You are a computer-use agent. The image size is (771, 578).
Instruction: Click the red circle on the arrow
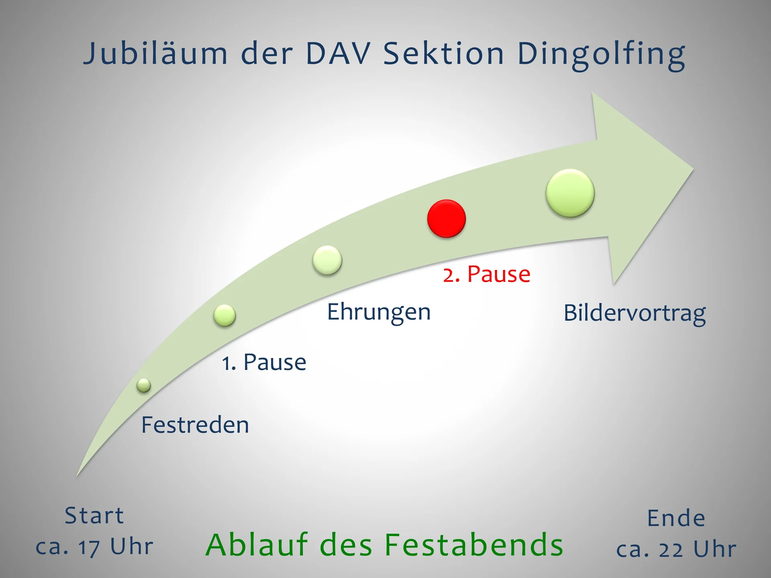446,219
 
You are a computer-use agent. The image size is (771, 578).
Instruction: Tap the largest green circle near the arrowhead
570,193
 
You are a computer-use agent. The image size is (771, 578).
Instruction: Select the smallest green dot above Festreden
143,385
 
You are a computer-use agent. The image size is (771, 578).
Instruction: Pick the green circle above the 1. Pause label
224,315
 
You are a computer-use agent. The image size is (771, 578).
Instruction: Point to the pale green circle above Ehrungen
327,260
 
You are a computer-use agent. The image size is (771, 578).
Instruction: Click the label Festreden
195,425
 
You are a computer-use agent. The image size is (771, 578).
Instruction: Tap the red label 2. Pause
487,275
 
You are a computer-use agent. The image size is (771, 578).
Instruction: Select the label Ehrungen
379,312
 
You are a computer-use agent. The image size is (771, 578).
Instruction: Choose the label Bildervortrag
634,313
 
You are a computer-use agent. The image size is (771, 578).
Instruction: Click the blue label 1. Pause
264,362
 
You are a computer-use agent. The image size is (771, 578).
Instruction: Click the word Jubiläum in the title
155,54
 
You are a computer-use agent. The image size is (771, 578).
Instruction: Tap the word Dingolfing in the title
601,54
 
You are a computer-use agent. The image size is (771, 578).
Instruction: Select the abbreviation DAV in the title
338,53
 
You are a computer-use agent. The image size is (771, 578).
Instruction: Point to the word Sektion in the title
443,53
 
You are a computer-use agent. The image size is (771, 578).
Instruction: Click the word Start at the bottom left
94,516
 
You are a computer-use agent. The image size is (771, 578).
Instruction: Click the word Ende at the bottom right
676,519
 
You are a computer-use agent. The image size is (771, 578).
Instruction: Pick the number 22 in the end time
671,550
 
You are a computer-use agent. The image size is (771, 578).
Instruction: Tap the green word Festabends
474,545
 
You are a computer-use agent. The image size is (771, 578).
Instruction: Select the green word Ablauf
257,545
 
